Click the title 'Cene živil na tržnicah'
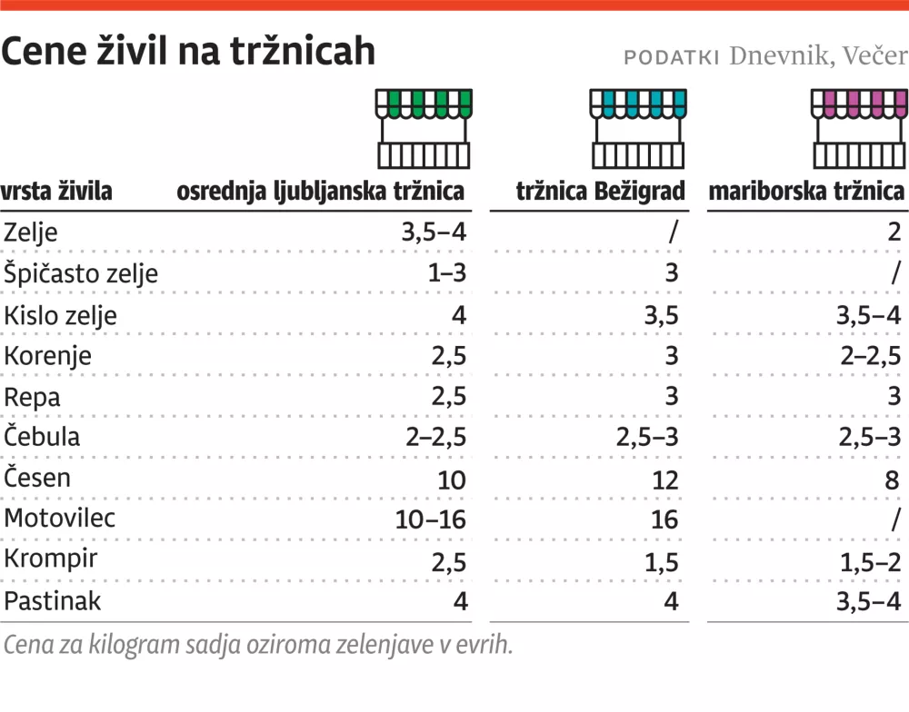click(x=188, y=53)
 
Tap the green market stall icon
click(x=424, y=129)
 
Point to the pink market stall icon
click(x=859, y=129)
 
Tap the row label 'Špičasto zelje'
click(x=81, y=273)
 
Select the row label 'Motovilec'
click(x=60, y=519)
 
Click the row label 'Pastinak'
click(x=53, y=600)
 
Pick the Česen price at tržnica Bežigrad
click(x=664, y=479)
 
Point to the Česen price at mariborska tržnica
click(x=893, y=479)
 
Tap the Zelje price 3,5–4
click(x=434, y=232)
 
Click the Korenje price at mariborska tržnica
click(x=871, y=355)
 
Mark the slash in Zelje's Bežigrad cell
click(x=673, y=232)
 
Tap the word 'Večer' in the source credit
click(x=874, y=56)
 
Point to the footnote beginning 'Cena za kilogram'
click(x=258, y=645)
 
